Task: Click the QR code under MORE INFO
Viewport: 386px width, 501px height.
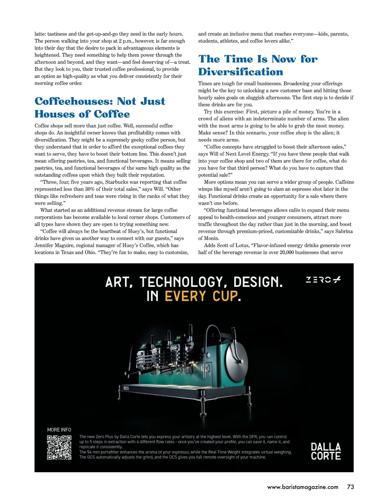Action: click(59, 447)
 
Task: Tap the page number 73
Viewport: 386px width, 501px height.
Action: click(351, 487)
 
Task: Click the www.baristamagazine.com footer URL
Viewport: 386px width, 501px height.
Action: click(303, 487)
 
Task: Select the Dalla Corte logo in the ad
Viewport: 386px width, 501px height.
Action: click(326, 451)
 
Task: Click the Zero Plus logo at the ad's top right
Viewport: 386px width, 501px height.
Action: click(323, 280)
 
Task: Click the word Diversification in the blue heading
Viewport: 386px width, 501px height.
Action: click(241, 72)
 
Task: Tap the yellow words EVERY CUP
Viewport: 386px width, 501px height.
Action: click(201, 296)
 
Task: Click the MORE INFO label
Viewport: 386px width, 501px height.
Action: click(59, 430)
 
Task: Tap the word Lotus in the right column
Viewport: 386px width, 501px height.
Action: click(242, 245)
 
